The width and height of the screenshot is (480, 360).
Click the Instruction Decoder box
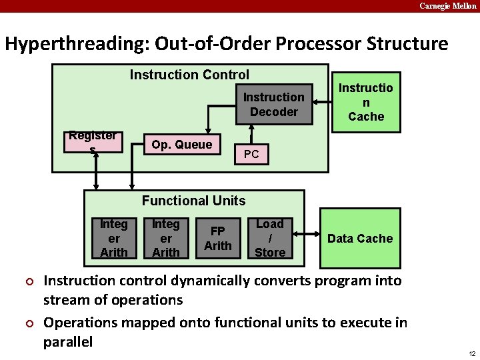pyautogui.click(x=273, y=105)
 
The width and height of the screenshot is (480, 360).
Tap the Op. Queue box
pyautogui.click(x=181, y=145)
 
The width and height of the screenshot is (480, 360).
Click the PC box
pyautogui.click(x=251, y=155)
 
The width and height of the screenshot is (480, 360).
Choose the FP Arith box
pyautogui.click(x=218, y=238)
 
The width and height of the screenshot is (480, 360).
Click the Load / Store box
pyautogui.click(x=270, y=238)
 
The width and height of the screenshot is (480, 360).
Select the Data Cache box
pyautogui.click(x=360, y=238)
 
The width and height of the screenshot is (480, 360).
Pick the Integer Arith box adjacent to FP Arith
pyautogui.click(x=165, y=238)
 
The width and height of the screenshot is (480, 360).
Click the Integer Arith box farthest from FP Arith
pyautogui.click(x=113, y=238)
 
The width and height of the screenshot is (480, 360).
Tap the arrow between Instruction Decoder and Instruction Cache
pyautogui.click(x=323, y=102)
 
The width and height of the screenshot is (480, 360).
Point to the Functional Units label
pyautogui.click(x=193, y=201)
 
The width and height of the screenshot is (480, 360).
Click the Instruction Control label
pyautogui.click(x=189, y=75)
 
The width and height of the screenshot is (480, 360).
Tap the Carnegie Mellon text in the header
pyautogui.click(x=447, y=6)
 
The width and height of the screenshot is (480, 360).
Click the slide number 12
pyautogui.click(x=471, y=353)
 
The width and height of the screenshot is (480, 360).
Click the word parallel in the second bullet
pyautogui.click(x=68, y=342)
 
